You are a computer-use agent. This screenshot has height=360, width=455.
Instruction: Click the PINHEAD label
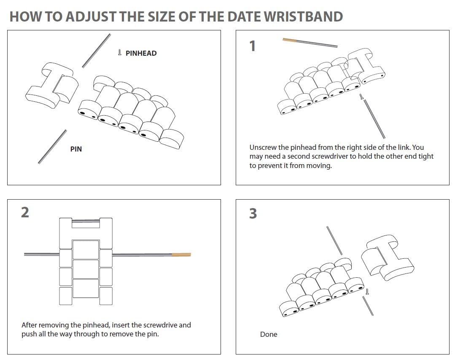click(x=141, y=53)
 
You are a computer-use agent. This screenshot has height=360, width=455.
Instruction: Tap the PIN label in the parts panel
click(x=76, y=149)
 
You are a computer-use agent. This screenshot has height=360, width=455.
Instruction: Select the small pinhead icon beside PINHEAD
click(x=119, y=53)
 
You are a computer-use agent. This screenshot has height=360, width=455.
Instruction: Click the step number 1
click(x=253, y=46)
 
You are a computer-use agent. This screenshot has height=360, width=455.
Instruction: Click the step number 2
click(x=25, y=212)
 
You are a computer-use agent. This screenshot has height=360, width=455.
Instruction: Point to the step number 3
click(x=253, y=214)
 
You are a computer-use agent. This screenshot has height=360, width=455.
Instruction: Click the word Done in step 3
click(x=269, y=334)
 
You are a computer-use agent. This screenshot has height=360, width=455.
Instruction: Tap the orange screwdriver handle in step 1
click(x=290, y=40)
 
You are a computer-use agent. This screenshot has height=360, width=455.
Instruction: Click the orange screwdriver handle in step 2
click(x=181, y=254)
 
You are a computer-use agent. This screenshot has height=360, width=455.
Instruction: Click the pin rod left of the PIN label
click(x=52, y=146)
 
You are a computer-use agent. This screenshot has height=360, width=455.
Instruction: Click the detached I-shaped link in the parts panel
click(x=52, y=86)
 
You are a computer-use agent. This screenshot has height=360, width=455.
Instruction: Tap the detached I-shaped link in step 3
click(x=388, y=258)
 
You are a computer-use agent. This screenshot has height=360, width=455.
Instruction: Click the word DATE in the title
click(x=243, y=16)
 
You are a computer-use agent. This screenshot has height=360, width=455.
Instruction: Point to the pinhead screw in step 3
click(x=367, y=292)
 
